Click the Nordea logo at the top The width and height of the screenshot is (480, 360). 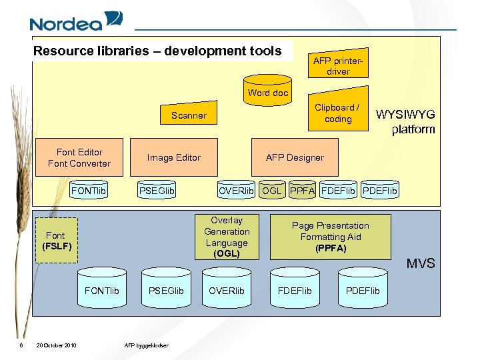click(x=75, y=22)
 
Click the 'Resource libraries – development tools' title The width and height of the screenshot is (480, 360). click(x=157, y=51)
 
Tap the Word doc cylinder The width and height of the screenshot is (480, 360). click(x=268, y=91)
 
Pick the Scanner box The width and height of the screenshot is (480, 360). click(x=189, y=115)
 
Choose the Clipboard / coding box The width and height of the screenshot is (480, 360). click(x=337, y=113)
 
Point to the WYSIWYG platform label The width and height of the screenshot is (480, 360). click(x=406, y=122)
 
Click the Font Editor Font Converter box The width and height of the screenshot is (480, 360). click(x=79, y=158)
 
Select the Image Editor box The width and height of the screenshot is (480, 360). click(x=173, y=157)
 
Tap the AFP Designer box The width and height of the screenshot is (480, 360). click(x=295, y=157)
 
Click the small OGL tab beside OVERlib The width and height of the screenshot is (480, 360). click(x=271, y=191)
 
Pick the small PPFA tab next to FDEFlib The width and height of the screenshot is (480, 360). click(x=303, y=191)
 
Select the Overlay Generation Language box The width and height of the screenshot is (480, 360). click(x=227, y=237)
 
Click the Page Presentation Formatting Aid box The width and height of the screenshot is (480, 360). click(x=330, y=237)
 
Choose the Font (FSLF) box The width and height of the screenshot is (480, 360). click(x=56, y=241)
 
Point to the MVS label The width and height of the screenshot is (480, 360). click(x=421, y=263)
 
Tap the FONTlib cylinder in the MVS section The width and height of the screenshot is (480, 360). click(x=101, y=291)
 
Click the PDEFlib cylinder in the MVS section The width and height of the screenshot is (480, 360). click(x=363, y=291)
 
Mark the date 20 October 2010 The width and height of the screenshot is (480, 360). click(x=56, y=345)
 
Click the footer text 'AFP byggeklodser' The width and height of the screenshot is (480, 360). click(x=147, y=345)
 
